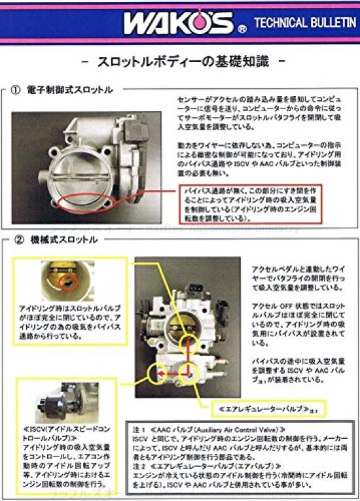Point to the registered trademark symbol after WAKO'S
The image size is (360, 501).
click(x=242, y=29)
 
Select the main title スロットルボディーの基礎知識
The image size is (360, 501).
click(x=181, y=64)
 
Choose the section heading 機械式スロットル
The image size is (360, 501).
click(x=65, y=240)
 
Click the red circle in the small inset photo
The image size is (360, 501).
click(x=65, y=283)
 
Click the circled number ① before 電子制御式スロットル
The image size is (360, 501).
click(x=17, y=90)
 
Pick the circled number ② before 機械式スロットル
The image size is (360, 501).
click(x=17, y=240)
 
